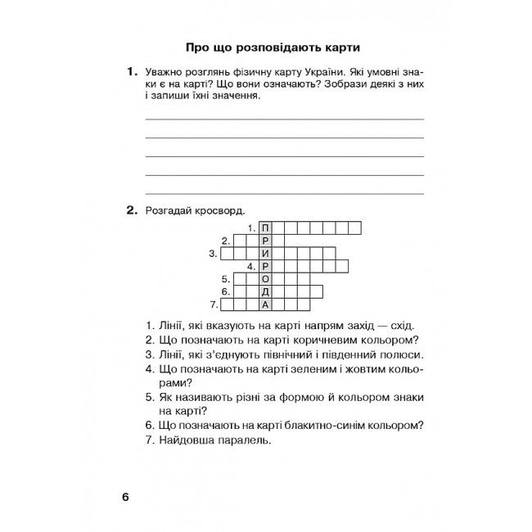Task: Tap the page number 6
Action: pos(125,497)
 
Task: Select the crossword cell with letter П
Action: pos(265,228)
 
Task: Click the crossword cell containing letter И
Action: pos(265,254)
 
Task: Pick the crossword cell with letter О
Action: pos(265,279)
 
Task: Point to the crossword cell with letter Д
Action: pos(265,291)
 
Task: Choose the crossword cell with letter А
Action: pos(265,304)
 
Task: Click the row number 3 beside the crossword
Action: pos(212,254)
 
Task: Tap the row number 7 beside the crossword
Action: pos(213,304)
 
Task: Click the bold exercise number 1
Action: pos(130,72)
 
